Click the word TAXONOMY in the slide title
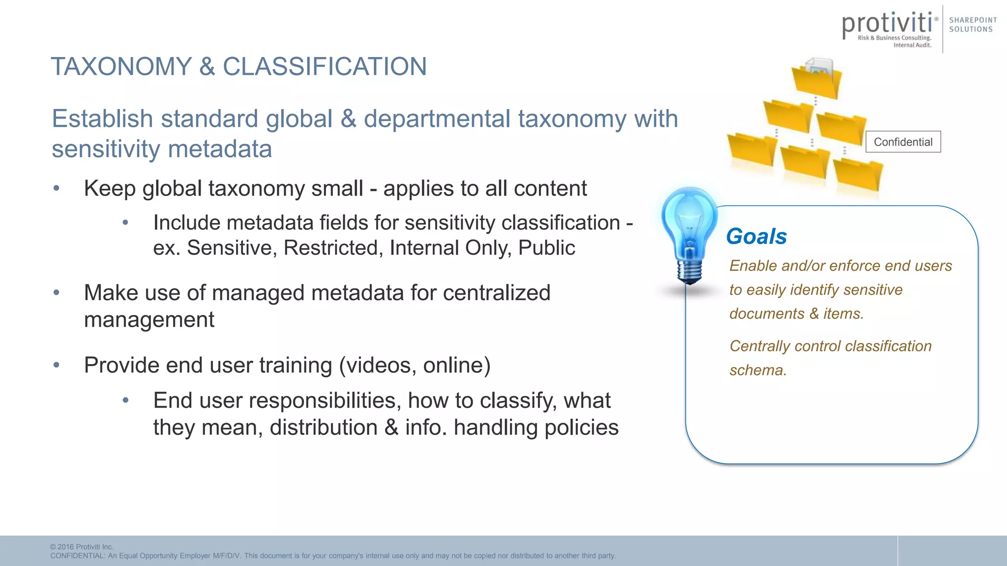click(x=121, y=66)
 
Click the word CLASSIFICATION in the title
click(x=325, y=66)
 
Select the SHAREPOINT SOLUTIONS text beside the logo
click(x=973, y=25)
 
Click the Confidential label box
click(x=903, y=142)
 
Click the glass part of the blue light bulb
click(x=689, y=221)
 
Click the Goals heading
click(x=756, y=236)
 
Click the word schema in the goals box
click(x=758, y=370)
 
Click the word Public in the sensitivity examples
click(x=546, y=248)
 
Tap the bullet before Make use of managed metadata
click(x=57, y=293)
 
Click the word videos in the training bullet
click(x=380, y=366)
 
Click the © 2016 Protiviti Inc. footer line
click(x=82, y=547)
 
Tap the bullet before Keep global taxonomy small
click(x=57, y=188)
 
